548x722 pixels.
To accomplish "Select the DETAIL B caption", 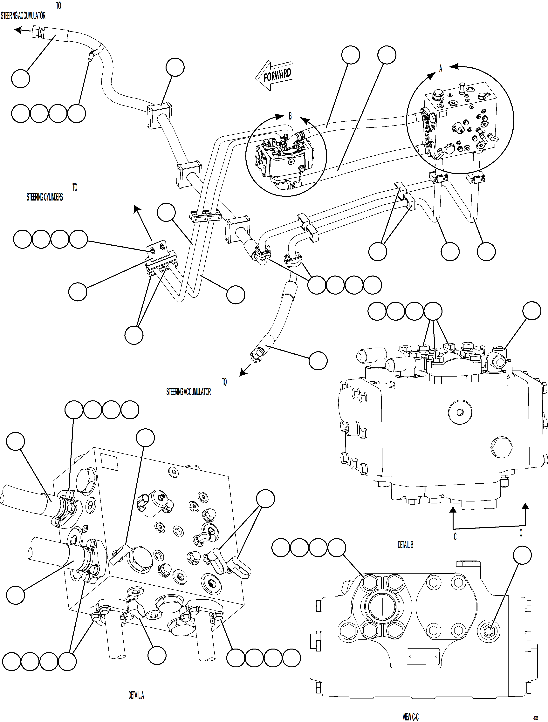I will (405, 545).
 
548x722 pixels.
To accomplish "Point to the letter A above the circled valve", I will (440, 69).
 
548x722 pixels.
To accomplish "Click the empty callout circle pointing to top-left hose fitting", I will (21, 79).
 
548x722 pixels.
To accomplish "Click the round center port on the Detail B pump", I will (460, 412).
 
